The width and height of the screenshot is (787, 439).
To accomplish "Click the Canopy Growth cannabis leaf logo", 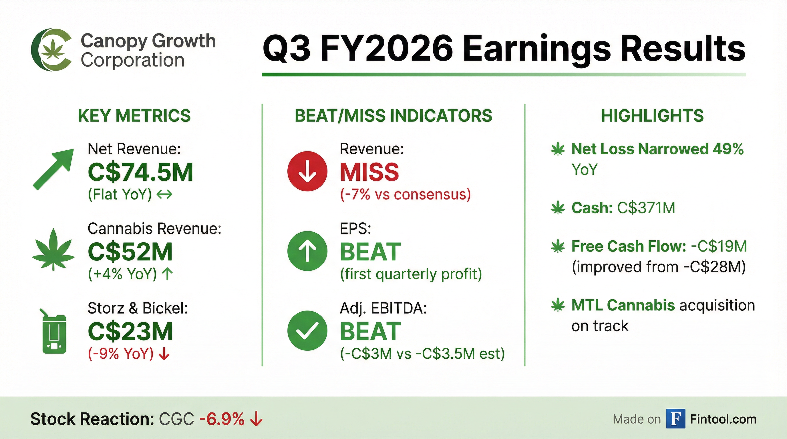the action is tap(51, 50).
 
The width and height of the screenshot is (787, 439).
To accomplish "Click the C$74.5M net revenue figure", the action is tap(140, 172).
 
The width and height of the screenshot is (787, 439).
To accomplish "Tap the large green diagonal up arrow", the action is tap(53, 169).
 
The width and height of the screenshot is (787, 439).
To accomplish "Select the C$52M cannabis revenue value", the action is tap(130, 252).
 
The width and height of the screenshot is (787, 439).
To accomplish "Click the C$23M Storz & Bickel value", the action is tap(130, 332).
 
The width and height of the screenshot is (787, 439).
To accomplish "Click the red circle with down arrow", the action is tap(307, 171).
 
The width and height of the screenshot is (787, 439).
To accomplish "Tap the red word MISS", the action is tap(370, 172).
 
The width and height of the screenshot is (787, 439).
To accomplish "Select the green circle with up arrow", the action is tap(307, 251).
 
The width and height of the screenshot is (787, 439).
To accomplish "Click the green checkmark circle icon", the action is tap(307, 331).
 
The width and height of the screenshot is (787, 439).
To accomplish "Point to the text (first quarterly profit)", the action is tap(411, 274).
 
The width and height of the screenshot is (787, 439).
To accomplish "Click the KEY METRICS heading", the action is tap(134, 116).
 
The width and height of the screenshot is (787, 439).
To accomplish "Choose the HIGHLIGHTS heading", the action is tap(653, 116).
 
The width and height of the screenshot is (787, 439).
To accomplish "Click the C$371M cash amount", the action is tap(646, 208).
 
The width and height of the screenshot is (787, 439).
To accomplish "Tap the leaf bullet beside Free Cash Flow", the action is tap(558, 247).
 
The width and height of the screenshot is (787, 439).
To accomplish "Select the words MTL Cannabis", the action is tap(623, 305).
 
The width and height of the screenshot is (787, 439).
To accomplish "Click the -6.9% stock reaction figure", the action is tap(222, 419).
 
